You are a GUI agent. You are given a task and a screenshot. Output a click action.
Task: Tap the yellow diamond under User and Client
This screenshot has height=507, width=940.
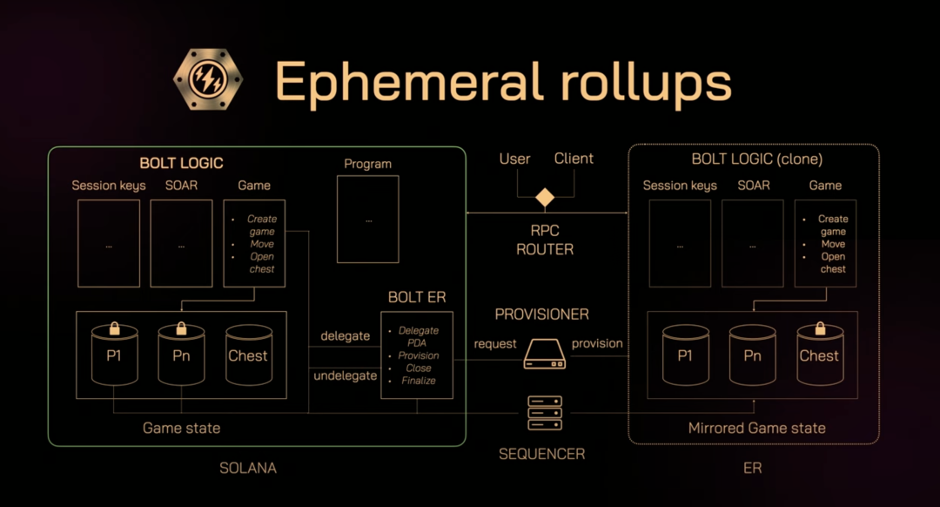point(545,198)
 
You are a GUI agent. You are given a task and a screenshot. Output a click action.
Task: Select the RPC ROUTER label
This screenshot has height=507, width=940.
point(545,240)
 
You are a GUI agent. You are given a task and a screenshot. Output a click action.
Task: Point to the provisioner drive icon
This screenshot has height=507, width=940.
point(545,353)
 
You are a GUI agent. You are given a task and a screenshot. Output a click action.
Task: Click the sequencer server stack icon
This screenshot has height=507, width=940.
point(545,413)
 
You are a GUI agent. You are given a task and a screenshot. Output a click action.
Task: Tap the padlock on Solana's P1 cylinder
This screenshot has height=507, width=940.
point(114,329)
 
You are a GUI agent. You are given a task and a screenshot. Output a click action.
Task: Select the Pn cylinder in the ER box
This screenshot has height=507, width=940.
point(752,355)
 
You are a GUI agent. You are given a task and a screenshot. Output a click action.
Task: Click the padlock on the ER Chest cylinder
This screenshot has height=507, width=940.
point(819,329)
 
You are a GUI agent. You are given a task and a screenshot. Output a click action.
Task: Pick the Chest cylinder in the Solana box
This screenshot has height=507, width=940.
point(248,355)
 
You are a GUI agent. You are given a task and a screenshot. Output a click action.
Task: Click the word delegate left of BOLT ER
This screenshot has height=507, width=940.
point(346,335)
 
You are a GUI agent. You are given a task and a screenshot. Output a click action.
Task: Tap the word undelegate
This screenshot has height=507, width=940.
point(346,375)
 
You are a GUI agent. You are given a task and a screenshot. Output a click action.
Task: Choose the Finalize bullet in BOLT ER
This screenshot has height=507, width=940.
point(419,381)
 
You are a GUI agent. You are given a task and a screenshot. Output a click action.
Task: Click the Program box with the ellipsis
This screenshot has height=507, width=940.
point(368,220)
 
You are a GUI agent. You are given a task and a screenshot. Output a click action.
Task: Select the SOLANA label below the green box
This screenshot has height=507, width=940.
point(248,468)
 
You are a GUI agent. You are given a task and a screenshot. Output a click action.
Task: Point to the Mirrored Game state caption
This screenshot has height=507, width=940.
point(757,428)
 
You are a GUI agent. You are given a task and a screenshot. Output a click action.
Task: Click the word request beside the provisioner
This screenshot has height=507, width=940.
point(495,343)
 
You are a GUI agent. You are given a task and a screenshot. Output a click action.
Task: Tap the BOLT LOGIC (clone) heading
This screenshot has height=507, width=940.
point(756,159)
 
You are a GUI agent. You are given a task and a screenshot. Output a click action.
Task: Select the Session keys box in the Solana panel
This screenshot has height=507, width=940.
point(109,243)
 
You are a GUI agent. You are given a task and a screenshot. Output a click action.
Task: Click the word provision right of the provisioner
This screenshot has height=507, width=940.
point(597,343)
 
